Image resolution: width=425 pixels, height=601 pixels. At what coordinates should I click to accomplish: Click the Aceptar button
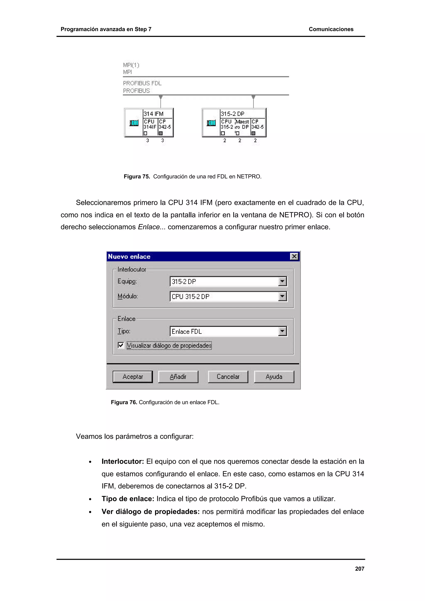(133, 377)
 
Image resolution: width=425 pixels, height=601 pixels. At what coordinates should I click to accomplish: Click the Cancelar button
(228, 377)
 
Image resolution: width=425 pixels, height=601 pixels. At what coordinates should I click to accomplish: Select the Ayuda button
(274, 377)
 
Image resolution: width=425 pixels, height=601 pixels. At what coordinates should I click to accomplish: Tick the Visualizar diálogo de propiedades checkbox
(121, 345)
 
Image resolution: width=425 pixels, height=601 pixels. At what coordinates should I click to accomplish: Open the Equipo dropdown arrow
(282, 281)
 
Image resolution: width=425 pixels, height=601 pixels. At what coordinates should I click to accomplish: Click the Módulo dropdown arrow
(282, 296)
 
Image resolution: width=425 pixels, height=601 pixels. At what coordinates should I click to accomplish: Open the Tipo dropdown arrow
(282, 331)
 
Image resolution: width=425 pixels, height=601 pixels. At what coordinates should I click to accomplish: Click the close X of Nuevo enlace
(294, 256)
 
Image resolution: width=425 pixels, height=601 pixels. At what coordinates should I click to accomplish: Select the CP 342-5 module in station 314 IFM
(165, 127)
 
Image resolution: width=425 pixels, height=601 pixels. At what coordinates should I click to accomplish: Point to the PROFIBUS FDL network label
(142, 83)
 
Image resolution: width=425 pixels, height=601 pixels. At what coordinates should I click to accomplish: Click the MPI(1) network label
(131, 65)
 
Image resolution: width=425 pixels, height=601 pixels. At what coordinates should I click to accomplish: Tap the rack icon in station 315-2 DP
(211, 123)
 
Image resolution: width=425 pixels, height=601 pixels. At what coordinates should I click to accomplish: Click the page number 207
(360, 568)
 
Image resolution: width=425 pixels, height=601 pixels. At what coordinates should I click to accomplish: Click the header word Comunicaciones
(331, 29)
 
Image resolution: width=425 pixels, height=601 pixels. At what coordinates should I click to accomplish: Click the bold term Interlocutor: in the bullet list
(123, 461)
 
